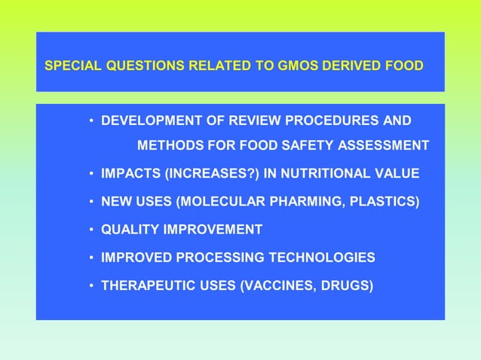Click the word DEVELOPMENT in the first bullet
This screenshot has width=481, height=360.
tap(151, 121)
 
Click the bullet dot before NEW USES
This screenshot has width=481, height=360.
tap(91, 203)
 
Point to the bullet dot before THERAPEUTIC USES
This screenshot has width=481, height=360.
tap(91, 286)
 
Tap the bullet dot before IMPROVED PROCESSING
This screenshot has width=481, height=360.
tap(91, 258)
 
